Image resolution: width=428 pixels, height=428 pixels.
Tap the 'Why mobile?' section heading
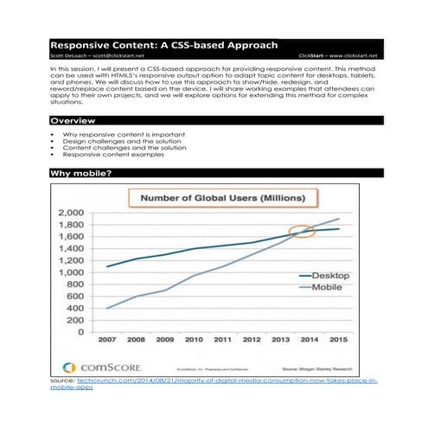point(80,174)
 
